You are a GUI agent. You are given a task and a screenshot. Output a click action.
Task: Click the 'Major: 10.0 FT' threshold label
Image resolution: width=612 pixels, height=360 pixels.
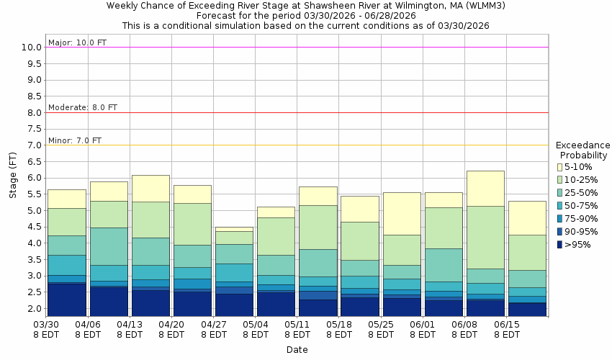pos(77,42)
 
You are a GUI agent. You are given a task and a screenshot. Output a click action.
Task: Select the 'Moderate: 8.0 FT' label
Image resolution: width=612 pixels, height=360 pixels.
pos(82,107)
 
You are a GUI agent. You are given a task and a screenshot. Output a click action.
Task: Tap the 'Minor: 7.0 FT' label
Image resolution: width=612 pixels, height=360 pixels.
pos(75,140)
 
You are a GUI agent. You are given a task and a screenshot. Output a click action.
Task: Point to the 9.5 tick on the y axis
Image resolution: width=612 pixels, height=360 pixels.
pos(32,63)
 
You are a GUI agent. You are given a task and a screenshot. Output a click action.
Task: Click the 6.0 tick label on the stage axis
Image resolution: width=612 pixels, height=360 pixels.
pos(32,178)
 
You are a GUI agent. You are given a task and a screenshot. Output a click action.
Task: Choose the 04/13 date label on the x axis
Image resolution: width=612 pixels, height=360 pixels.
pos(130,325)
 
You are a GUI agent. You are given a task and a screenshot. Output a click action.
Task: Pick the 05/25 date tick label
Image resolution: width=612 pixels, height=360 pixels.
pos(381,325)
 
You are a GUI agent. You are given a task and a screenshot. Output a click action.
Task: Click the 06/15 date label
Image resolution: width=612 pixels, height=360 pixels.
pos(507,325)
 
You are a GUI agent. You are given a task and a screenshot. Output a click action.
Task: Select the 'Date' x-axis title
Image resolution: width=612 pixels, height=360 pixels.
pos(297,350)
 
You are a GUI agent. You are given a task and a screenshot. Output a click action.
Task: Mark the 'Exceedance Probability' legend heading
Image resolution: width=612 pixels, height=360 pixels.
pos(583,150)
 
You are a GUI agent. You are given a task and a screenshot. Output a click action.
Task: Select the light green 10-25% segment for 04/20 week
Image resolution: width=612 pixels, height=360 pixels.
pos(192,224)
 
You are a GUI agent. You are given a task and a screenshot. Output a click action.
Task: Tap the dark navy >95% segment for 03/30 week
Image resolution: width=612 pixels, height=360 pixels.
pos(66,300)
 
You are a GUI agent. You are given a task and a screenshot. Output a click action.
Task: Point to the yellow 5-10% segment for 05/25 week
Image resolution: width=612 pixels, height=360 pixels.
pos(402,213)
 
